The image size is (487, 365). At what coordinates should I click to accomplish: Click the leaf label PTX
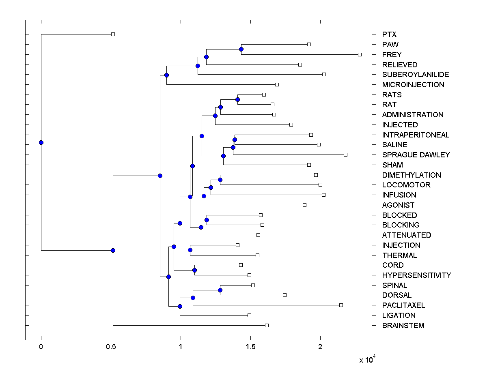(x=389, y=34)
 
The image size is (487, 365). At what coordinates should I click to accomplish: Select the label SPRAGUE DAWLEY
(x=416, y=155)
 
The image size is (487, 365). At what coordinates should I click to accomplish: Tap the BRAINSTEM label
(x=403, y=326)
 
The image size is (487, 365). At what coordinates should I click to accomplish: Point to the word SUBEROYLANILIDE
(x=415, y=75)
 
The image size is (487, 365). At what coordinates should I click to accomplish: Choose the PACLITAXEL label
(x=403, y=305)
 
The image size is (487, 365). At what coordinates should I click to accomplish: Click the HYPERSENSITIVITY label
(x=416, y=275)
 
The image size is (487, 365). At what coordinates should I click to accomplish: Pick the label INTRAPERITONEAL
(x=416, y=135)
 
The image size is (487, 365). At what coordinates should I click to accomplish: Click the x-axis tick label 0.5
(x=111, y=347)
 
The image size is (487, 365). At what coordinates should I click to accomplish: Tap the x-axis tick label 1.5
(x=250, y=347)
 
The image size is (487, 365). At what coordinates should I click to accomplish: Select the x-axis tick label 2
(x=320, y=347)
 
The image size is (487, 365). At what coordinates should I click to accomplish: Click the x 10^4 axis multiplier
(x=368, y=359)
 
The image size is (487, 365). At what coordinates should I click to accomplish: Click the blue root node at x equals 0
(x=41, y=142)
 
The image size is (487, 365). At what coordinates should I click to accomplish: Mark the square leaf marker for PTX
(x=113, y=34)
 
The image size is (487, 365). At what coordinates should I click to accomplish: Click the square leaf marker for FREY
(x=360, y=54)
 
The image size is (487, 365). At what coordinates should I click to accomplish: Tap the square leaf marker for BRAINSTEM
(x=267, y=325)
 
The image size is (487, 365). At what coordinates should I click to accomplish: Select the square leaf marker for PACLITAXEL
(x=341, y=305)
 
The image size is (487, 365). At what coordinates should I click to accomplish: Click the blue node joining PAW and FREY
(x=241, y=49)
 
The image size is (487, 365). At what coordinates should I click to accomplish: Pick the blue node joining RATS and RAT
(x=237, y=99)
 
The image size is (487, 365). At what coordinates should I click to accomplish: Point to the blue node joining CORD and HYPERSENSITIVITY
(x=194, y=270)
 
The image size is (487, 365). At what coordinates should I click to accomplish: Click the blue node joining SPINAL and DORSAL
(x=220, y=290)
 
